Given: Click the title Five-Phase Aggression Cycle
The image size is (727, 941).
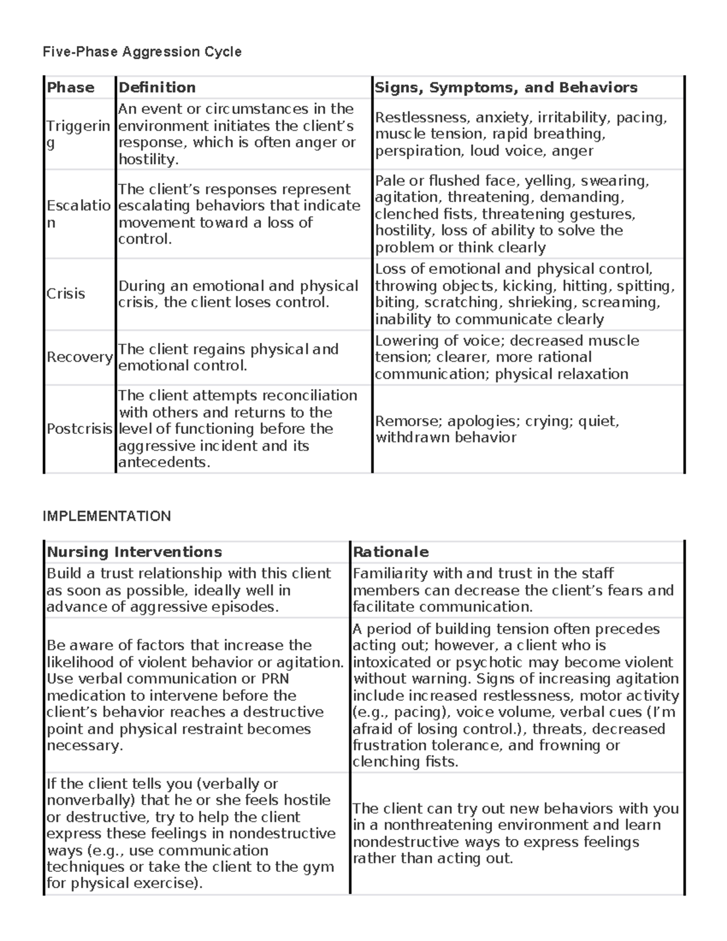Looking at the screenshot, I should coord(142,52).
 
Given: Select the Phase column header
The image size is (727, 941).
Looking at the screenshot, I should coord(71,88).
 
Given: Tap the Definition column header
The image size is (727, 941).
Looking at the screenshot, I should coord(157,88).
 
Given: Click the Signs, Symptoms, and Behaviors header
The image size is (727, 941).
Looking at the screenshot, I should coord(506,88).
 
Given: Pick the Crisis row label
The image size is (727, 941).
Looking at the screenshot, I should coord(65,294).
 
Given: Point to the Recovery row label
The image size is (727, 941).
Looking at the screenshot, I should coord(79,357).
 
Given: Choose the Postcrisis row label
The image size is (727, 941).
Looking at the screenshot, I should coord(79,429).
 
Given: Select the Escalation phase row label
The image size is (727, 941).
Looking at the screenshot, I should coord(78,214).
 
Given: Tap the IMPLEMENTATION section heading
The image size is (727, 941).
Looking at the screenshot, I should coord(107,516).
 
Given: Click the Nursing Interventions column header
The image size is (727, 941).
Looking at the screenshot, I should coord(134,552).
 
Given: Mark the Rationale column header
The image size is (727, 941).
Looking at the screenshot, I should coord(391,552).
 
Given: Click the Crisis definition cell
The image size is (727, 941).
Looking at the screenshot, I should coord(238,294).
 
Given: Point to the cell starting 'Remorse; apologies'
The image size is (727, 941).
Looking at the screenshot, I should coord(497,429).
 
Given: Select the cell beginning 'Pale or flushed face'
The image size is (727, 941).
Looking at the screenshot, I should coord(511,214).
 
